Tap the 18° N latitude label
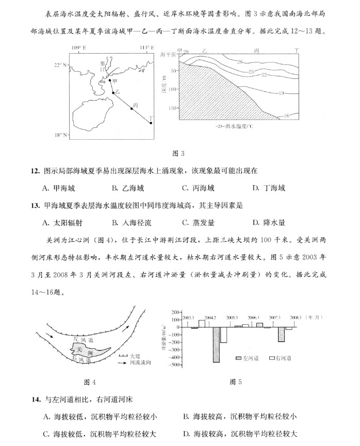click(61, 135)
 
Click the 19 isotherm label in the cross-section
click(282, 93)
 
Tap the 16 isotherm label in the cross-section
click(286, 115)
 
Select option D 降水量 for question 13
click(269, 223)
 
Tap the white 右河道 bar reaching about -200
click(223, 335)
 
